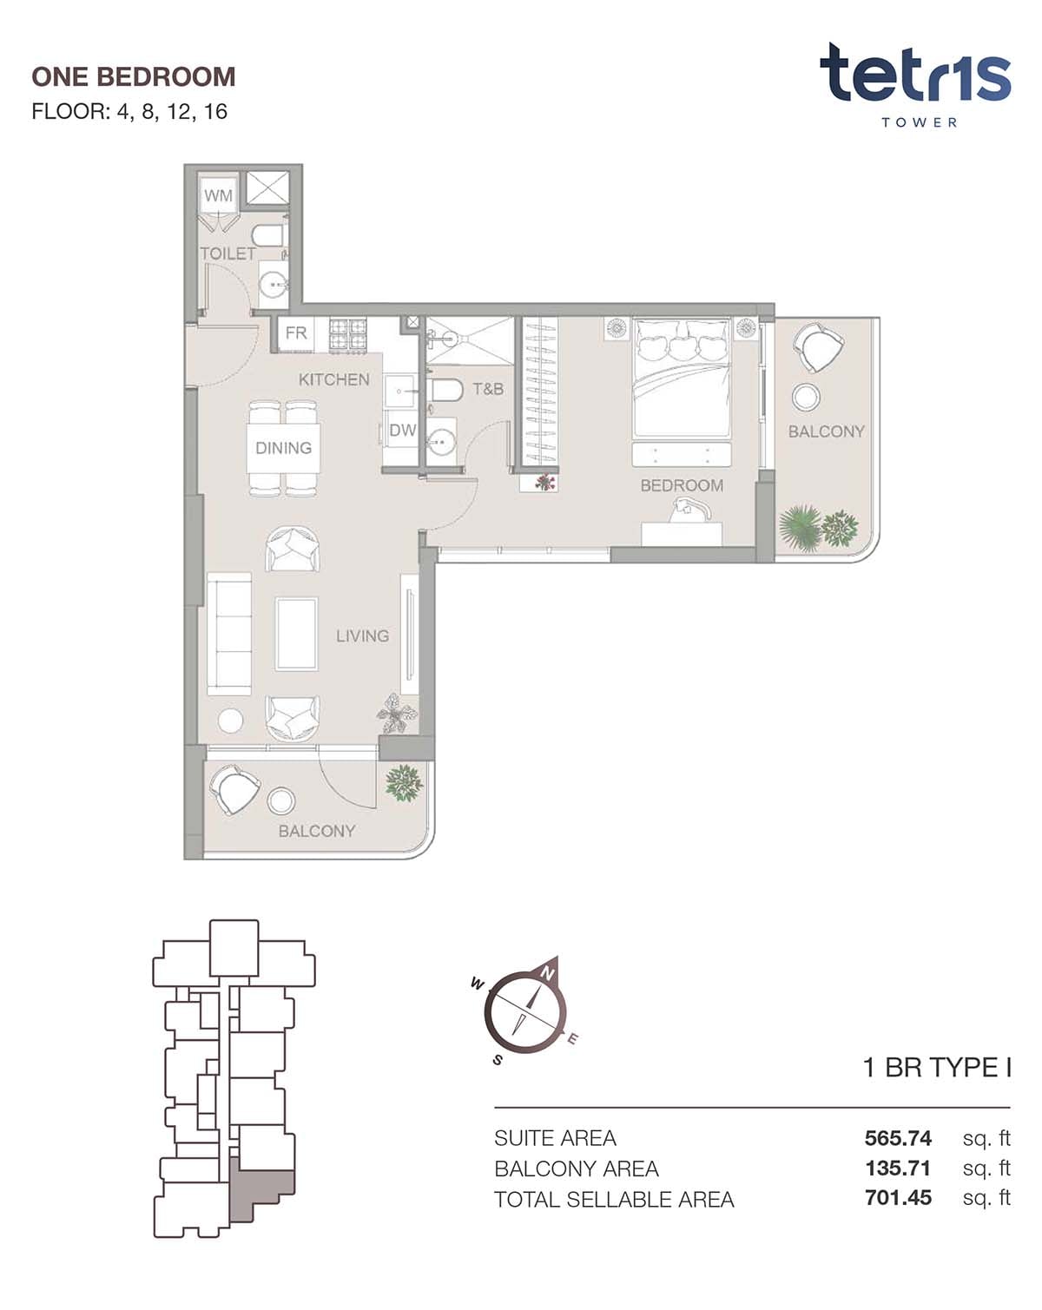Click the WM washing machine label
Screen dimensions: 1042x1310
218,195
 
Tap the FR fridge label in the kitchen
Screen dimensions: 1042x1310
296,333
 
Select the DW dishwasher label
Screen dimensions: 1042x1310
403,431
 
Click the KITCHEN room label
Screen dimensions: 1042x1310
333,380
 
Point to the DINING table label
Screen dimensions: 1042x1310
284,448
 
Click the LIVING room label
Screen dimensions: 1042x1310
362,636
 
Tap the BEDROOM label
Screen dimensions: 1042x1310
682,486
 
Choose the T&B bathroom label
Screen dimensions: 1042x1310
488,388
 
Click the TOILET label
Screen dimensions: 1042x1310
228,253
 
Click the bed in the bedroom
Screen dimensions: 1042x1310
682,378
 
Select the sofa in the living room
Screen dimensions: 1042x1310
229,634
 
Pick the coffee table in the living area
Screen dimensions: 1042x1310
297,634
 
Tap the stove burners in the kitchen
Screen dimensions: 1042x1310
348,335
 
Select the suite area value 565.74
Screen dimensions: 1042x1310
898,1138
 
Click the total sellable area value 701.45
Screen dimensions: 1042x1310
898,1197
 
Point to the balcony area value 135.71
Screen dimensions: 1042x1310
898,1168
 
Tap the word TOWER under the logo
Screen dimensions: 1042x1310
919,122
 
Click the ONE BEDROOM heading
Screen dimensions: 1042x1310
134,77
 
